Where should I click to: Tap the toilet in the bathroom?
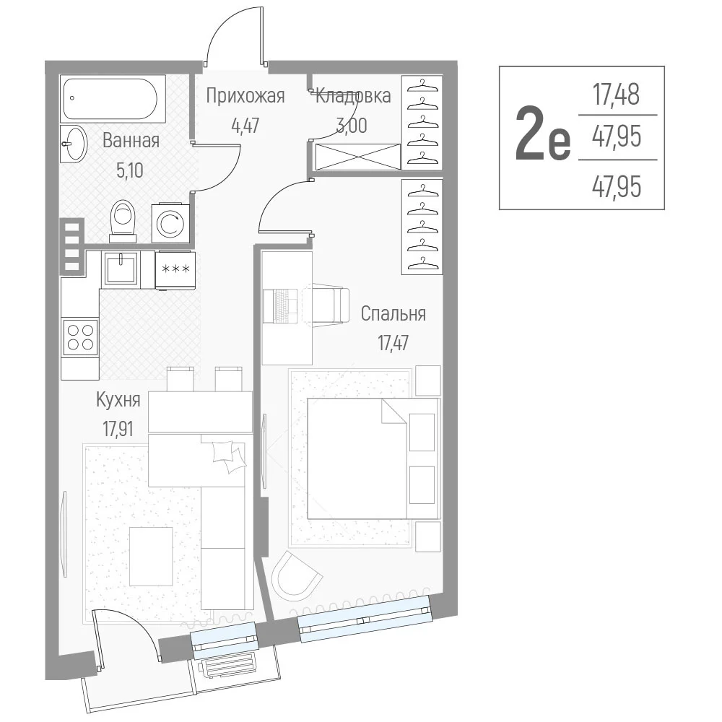point(123,221)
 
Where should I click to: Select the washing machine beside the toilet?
point(170,223)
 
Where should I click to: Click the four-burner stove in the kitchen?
point(81,337)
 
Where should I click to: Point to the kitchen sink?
point(121,269)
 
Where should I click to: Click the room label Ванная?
point(131,141)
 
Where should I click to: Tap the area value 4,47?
point(245,125)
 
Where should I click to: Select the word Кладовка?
point(353,96)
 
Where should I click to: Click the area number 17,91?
point(118,429)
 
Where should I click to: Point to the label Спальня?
point(393,314)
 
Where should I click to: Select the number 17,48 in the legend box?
point(616,95)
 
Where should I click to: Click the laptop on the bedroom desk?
point(282,305)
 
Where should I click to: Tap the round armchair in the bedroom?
point(297,575)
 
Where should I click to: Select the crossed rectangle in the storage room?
point(358,157)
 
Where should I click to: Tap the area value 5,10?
point(130,171)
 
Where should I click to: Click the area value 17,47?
point(393,344)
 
